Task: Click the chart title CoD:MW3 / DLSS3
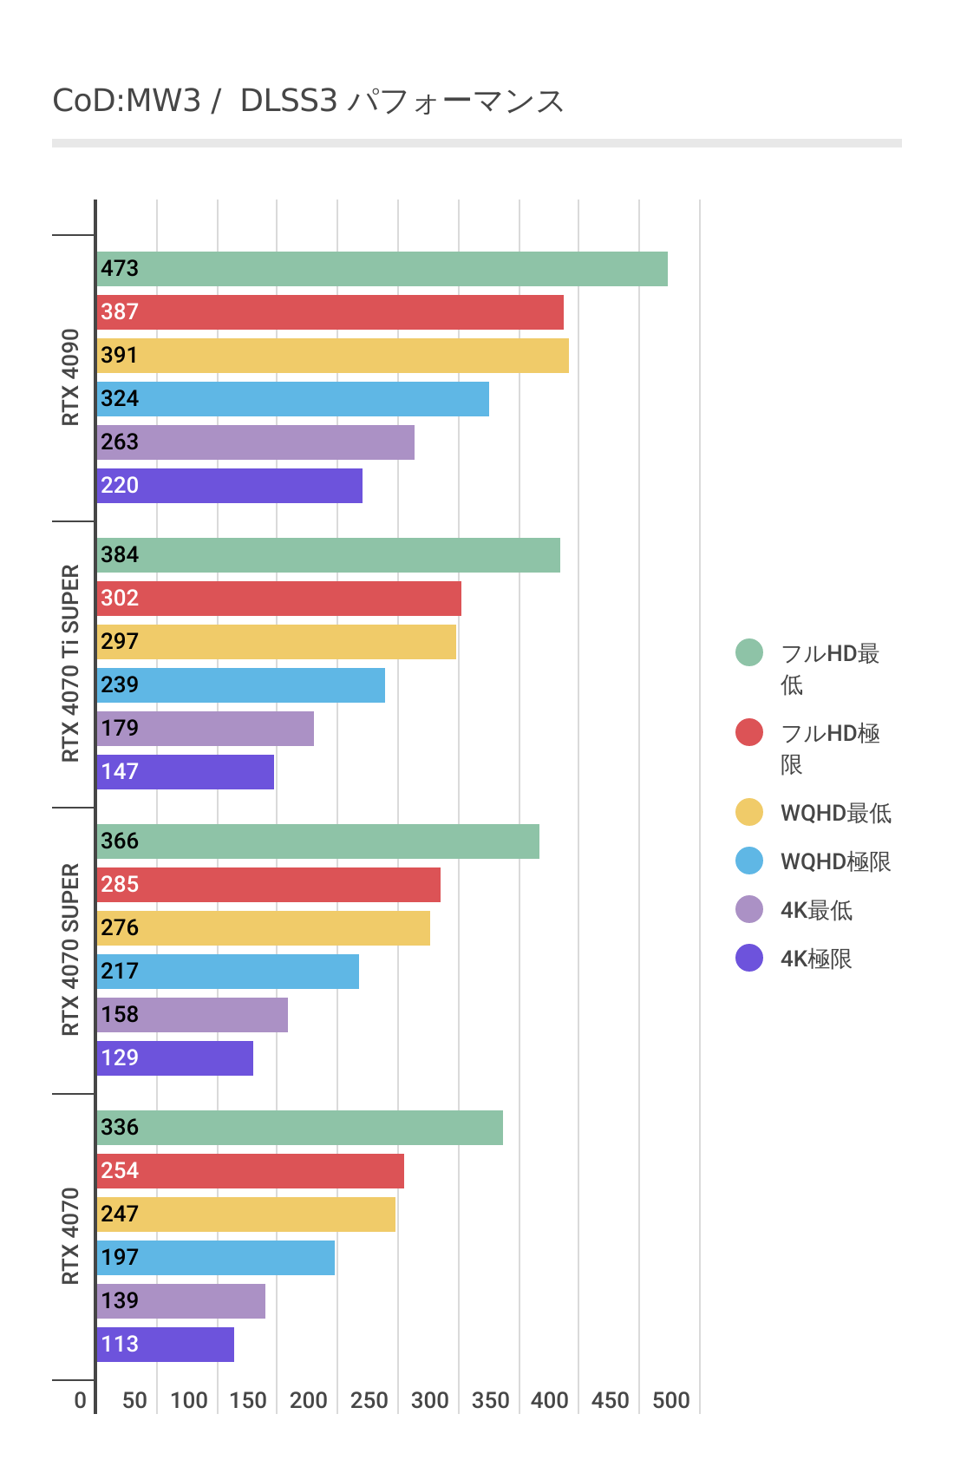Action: click(x=308, y=101)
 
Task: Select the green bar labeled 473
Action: click(x=382, y=269)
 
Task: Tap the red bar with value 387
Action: click(x=330, y=312)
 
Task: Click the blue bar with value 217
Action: click(x=227, y=972)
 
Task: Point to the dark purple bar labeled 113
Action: click(x=165, y=1345)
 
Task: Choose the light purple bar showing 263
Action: click(x=255, y=442)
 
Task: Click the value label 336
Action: click(x=120, y=1127)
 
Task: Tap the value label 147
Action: click(x=120, y=771)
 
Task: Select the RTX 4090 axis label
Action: click(x=70, y=377)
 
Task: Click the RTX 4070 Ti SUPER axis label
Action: click(x=70, y=664)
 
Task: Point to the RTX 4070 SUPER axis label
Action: click(x=70, y=950)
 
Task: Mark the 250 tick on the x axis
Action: click(x=369, y=1400)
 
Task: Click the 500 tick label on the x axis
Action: click(x=671, y=1400)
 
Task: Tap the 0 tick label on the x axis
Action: click(x=81, y=1400)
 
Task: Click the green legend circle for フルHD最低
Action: click(x=749, y=652)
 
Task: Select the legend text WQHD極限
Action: click(x=836, y=861)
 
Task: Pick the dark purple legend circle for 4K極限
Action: click(x=749, y=958)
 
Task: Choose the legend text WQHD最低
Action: click(x=836, y=813)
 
